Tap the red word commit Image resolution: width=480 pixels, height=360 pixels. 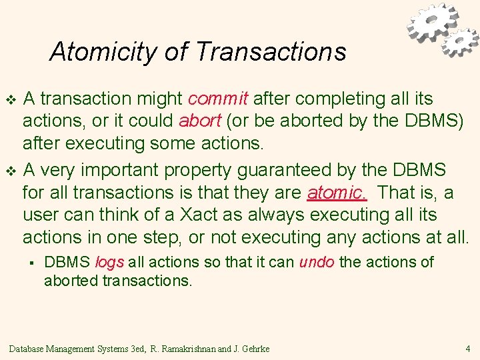point(218,99)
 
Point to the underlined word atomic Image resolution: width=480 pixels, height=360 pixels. point(337,193)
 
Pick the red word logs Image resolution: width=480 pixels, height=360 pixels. point(110,262)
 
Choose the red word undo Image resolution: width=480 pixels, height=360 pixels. point(317,262)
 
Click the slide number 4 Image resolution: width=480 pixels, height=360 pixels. point(467,348)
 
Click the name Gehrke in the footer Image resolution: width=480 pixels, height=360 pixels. point(256,349)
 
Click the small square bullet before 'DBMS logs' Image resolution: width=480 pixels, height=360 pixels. point(31,263)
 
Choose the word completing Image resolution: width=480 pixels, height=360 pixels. point(341,99)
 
